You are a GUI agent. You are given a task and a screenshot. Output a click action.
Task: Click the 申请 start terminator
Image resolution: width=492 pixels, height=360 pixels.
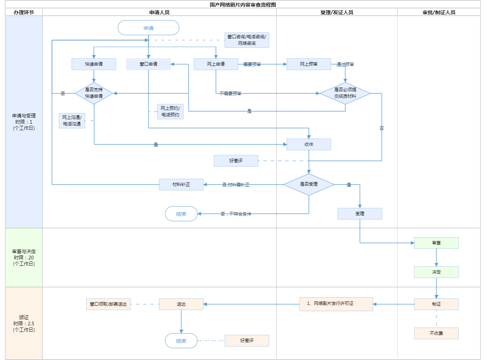(x=148, y=28)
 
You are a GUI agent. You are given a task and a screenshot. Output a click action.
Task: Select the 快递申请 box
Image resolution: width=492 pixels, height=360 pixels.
(x=94, y=64)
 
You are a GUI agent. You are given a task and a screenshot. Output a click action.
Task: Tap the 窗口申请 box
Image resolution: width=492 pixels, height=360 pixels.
(x=148, y=64)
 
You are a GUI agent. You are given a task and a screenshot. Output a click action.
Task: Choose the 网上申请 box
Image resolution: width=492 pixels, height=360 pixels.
(x=216, y=64)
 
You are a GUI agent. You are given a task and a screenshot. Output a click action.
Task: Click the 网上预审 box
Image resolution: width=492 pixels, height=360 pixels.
(x=309, y=64)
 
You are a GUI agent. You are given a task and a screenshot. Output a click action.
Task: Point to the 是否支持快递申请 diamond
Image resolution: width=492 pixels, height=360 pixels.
(x=94, y=93)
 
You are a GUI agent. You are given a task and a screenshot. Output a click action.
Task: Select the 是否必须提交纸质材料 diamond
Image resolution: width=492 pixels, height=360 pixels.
(x=345, y=93)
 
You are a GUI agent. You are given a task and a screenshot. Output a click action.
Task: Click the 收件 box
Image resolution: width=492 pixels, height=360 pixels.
(x=309, y=144)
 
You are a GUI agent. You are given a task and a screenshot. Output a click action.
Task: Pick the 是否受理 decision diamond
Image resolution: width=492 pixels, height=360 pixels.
(x=309, y=185)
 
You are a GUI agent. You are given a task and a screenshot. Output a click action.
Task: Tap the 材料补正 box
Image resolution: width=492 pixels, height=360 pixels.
(x=181, y=185)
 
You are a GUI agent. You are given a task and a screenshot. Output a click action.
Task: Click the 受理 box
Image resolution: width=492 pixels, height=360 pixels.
(x=360, y=214)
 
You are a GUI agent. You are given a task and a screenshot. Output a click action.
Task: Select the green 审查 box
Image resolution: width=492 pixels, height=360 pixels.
(x=436, y=243)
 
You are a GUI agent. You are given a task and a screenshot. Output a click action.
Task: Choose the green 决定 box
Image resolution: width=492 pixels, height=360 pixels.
(x=436, y=272)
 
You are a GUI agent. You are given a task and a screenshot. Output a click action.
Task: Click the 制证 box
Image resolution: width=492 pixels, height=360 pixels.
(x=436, y=304)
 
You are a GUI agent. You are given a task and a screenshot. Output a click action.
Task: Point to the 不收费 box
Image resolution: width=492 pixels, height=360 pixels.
(x=436, y=333)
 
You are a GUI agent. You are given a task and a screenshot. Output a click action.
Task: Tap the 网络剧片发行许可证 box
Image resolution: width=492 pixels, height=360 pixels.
(x=336, y=304)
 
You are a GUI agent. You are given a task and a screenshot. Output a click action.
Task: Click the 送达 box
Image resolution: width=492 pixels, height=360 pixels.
(x=181, y=304)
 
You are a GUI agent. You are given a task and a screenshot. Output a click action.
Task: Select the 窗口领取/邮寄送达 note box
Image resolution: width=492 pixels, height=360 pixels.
(x=108, y=304)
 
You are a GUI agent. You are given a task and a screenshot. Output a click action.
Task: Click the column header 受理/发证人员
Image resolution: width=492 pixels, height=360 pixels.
(x=337, y=12)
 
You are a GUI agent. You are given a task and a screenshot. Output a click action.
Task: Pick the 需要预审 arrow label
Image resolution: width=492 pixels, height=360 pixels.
(x=252, y=65)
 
